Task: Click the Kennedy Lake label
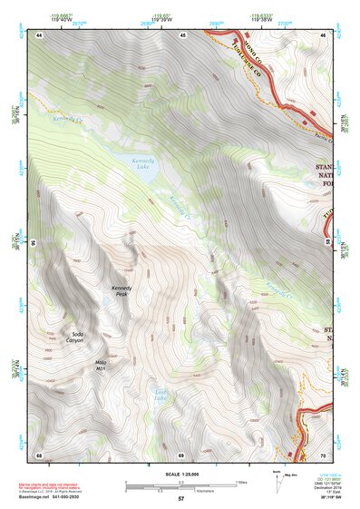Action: (x=135, y=163)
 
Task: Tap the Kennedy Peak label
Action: (x=122, y=291)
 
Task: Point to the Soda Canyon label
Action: (x=77, y=338)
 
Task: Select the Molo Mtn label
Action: (x=102, y=366)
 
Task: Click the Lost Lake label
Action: (x=161, y=396)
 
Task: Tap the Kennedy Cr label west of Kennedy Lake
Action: (x=67, y=119)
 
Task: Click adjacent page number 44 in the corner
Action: (x=39, y=34)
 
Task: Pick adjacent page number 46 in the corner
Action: (x=323, y=34)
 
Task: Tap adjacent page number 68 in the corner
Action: (x=39, y=454)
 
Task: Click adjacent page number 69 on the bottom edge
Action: (x=181, y=454)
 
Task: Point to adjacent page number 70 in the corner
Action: (x=323, y=454)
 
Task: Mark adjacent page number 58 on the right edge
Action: (x=327, y=244)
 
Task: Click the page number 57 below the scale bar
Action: (x=180, y=499)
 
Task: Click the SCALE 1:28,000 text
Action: (x=180, y=475)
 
